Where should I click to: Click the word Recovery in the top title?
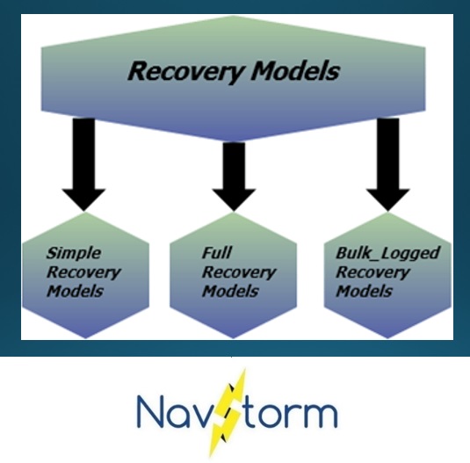point(182,70)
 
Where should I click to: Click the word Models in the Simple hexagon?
point(74,291)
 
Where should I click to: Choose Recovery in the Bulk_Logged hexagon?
point(372,271)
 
